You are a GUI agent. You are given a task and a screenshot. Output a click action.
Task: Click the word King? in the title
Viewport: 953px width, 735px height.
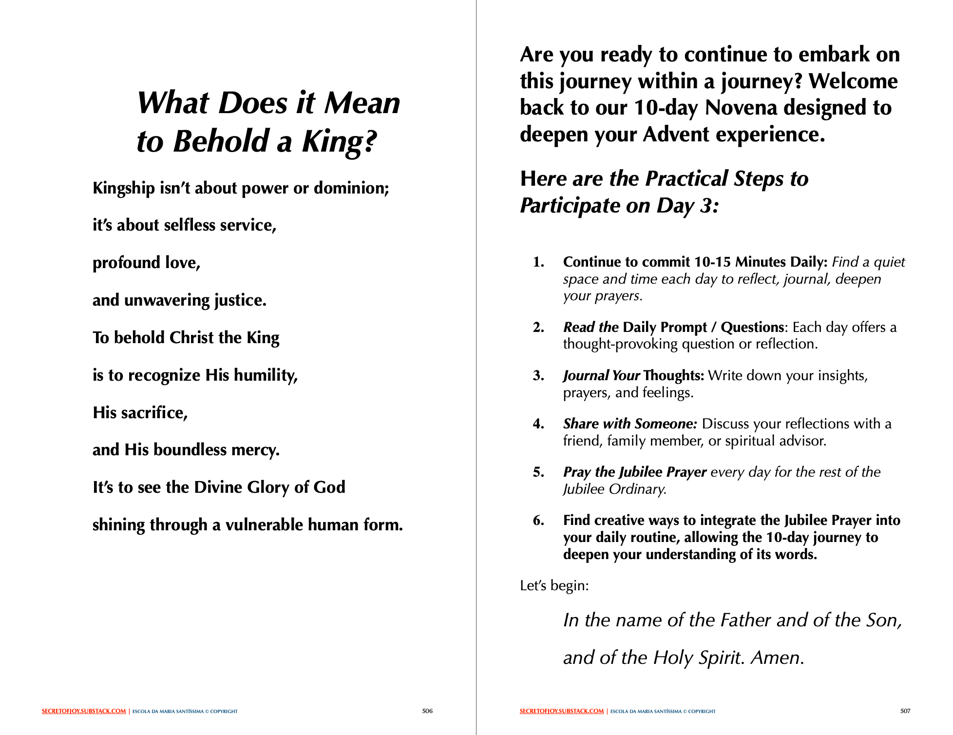click(x=339, y=142)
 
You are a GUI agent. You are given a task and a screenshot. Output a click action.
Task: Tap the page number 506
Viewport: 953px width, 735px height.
click(x=427, y=711)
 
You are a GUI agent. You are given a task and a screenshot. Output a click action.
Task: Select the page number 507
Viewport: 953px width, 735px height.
click(x=905, y=711)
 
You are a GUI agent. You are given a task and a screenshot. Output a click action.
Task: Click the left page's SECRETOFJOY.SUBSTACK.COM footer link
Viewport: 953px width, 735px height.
click(x=84, y=712)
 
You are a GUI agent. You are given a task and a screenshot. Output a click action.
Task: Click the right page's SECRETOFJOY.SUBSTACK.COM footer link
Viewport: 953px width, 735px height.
click(x=562, y=712)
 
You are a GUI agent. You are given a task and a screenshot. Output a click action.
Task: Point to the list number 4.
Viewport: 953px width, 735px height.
click(x=538, y=424)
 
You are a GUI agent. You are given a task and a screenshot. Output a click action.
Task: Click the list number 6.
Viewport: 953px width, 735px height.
click(x=538, y=521)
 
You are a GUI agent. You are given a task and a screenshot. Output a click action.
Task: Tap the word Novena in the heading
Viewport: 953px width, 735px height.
click(x=741, y=108)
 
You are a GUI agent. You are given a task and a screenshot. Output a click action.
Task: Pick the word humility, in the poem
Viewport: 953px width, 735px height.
click(x=266, y=375)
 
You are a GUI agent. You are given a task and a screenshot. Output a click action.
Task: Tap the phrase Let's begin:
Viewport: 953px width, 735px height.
click(x=554, y=585)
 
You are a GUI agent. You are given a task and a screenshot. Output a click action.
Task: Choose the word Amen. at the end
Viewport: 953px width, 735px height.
click(x=778, y=658)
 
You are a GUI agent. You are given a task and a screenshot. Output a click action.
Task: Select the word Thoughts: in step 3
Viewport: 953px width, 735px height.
click(x=674, y=375)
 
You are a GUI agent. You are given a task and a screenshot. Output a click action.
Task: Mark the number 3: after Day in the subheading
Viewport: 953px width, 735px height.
click(x=709, y=206)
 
